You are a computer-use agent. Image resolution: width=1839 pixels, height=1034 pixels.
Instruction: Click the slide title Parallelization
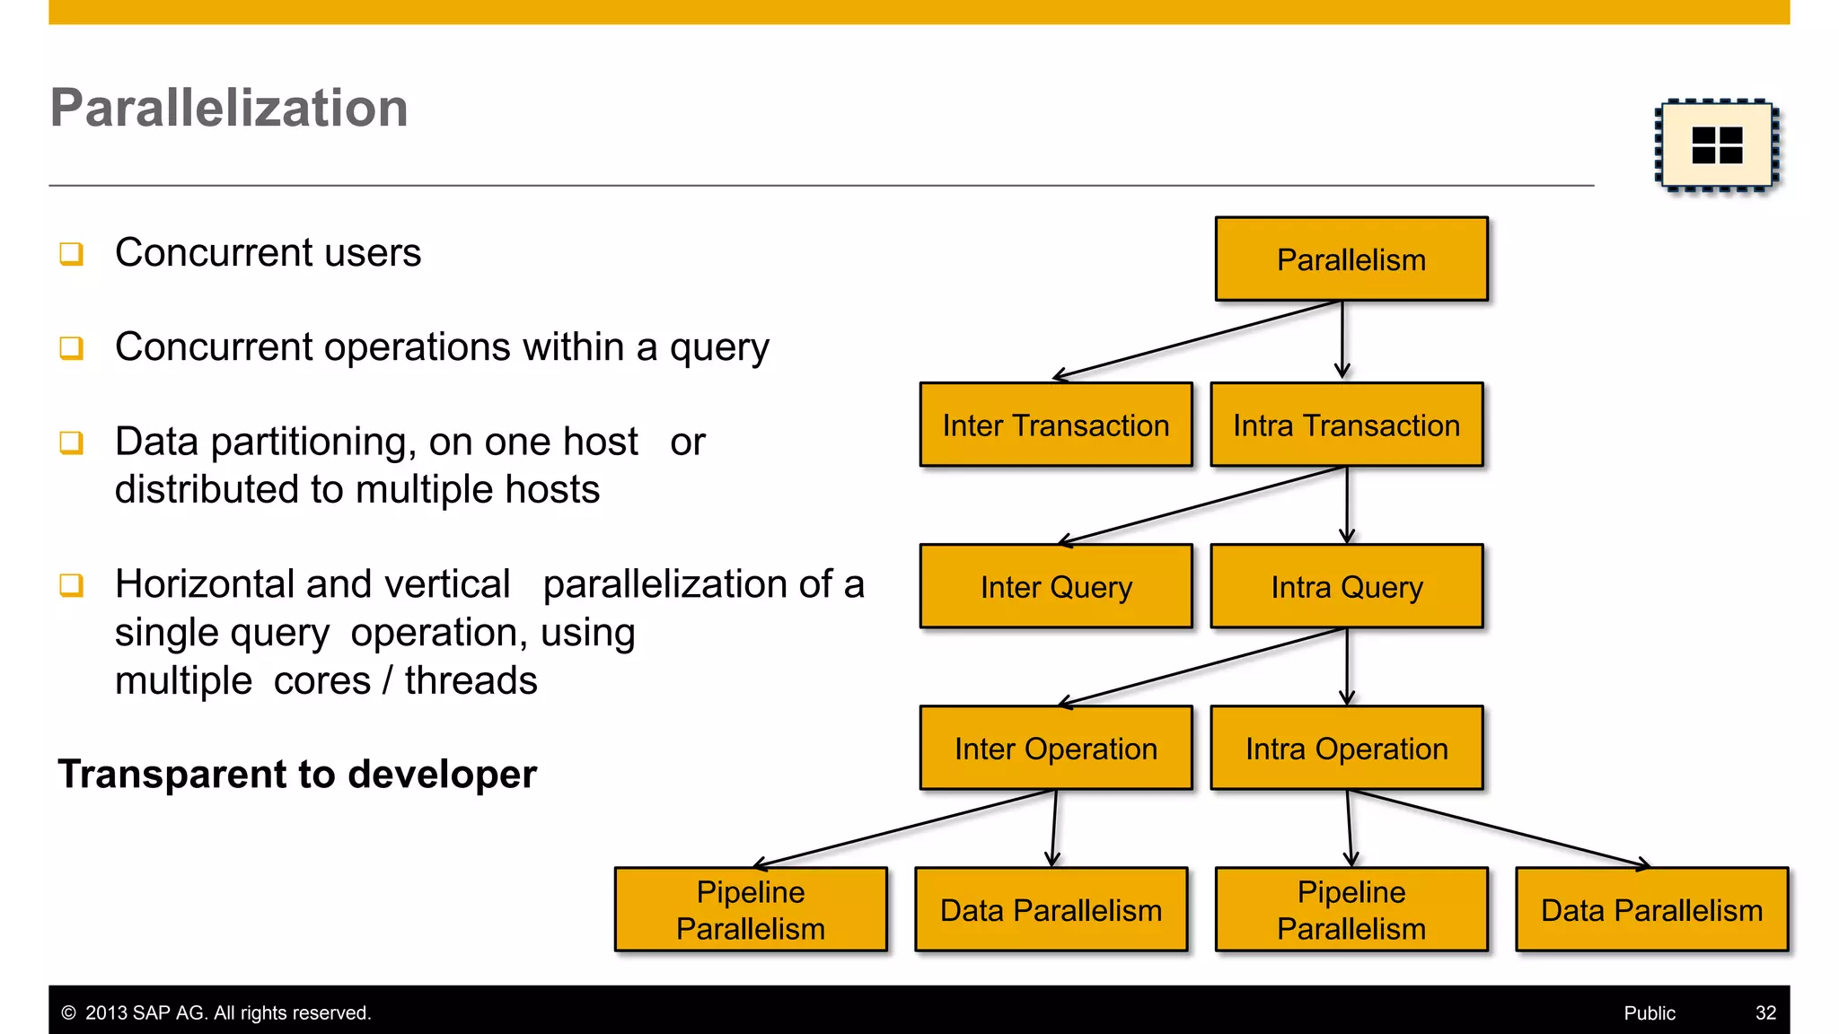(x=229, y=108)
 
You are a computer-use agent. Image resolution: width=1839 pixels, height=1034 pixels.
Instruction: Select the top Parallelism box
(x=1351, y=259)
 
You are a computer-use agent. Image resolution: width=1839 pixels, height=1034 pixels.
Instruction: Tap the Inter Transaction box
(x=1055, y=425)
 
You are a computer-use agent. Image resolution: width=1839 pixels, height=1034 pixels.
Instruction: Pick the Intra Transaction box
(x=1346, y=425)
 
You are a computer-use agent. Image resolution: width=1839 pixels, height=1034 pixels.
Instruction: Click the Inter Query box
(x=1055, y=586)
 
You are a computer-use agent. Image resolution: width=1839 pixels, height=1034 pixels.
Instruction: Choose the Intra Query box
(x=1346, y=586)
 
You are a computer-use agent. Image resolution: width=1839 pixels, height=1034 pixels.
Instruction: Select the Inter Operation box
(x=1055, y=748)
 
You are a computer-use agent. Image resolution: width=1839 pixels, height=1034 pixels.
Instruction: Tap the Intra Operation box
(x=1346, y=748)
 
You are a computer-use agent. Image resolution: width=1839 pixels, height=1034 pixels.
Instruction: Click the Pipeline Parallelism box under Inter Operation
(x=751, y=909)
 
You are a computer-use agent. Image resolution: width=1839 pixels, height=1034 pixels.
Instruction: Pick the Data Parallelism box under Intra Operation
(x=1651, y=909)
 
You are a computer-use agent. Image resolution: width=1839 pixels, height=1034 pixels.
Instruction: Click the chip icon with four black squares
(x=1716, y=145)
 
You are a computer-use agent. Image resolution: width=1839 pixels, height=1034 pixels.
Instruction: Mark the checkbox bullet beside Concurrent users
(x=72, y=254)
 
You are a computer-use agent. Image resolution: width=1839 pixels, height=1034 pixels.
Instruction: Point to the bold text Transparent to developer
(x=297, y=774)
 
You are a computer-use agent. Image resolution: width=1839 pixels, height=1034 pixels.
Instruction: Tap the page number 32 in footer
(x=1765, y=1012)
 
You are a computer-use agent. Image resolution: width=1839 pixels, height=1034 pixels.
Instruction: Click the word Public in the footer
(x=1649, y=1012)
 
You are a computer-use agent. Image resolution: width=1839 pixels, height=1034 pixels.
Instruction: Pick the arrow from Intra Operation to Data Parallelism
(x=1500, y=828)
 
